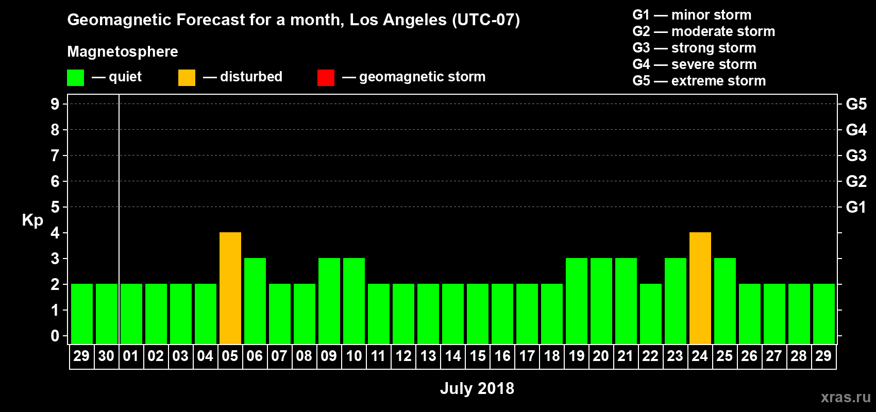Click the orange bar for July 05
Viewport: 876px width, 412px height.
point(230,288)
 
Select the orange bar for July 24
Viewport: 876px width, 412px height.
point(700,288)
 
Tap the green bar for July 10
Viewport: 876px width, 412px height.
point(353,301)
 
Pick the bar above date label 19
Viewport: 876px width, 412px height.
point(576,301)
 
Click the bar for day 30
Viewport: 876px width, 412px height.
point(106,314)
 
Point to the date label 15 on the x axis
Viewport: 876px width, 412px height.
point(478,356)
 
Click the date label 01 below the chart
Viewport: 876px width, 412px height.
point(131,356)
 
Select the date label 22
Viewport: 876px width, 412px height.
point(650,356)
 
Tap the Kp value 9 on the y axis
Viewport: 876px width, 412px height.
point(55,104)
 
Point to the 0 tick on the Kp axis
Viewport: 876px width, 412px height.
point(55,336)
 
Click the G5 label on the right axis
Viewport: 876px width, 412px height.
point(856,104)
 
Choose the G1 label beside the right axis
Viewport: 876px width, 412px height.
point(856,207)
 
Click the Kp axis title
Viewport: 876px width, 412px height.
point(32,220)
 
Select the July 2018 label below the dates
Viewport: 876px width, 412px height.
point(477,388)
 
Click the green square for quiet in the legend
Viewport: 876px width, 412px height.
point(75,77)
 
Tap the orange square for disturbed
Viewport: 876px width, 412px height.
point(187,77)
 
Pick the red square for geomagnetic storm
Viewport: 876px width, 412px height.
point(326,77)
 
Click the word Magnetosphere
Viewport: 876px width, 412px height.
point(123,51)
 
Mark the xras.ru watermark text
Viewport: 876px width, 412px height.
point(846,397)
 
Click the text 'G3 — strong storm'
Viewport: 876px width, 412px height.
point(694,48)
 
